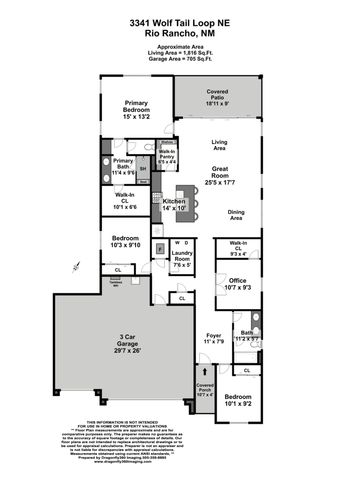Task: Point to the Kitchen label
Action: [175, 203]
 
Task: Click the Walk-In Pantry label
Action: [168, 153]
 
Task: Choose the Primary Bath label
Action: [123, 165]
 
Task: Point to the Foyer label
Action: [212, 338]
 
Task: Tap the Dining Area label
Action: [237, 214]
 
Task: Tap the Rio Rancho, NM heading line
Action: [180, 32]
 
